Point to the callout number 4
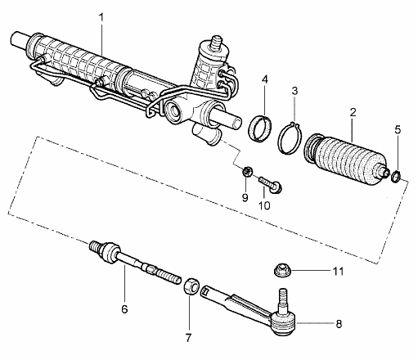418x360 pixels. [265, 79]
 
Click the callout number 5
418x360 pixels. [398, 128]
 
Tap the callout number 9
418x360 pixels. [245, 196]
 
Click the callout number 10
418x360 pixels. [264, 205]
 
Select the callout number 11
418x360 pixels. [338, 270]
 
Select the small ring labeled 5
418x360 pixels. [394, 176]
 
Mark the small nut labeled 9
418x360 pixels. [245, 172]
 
